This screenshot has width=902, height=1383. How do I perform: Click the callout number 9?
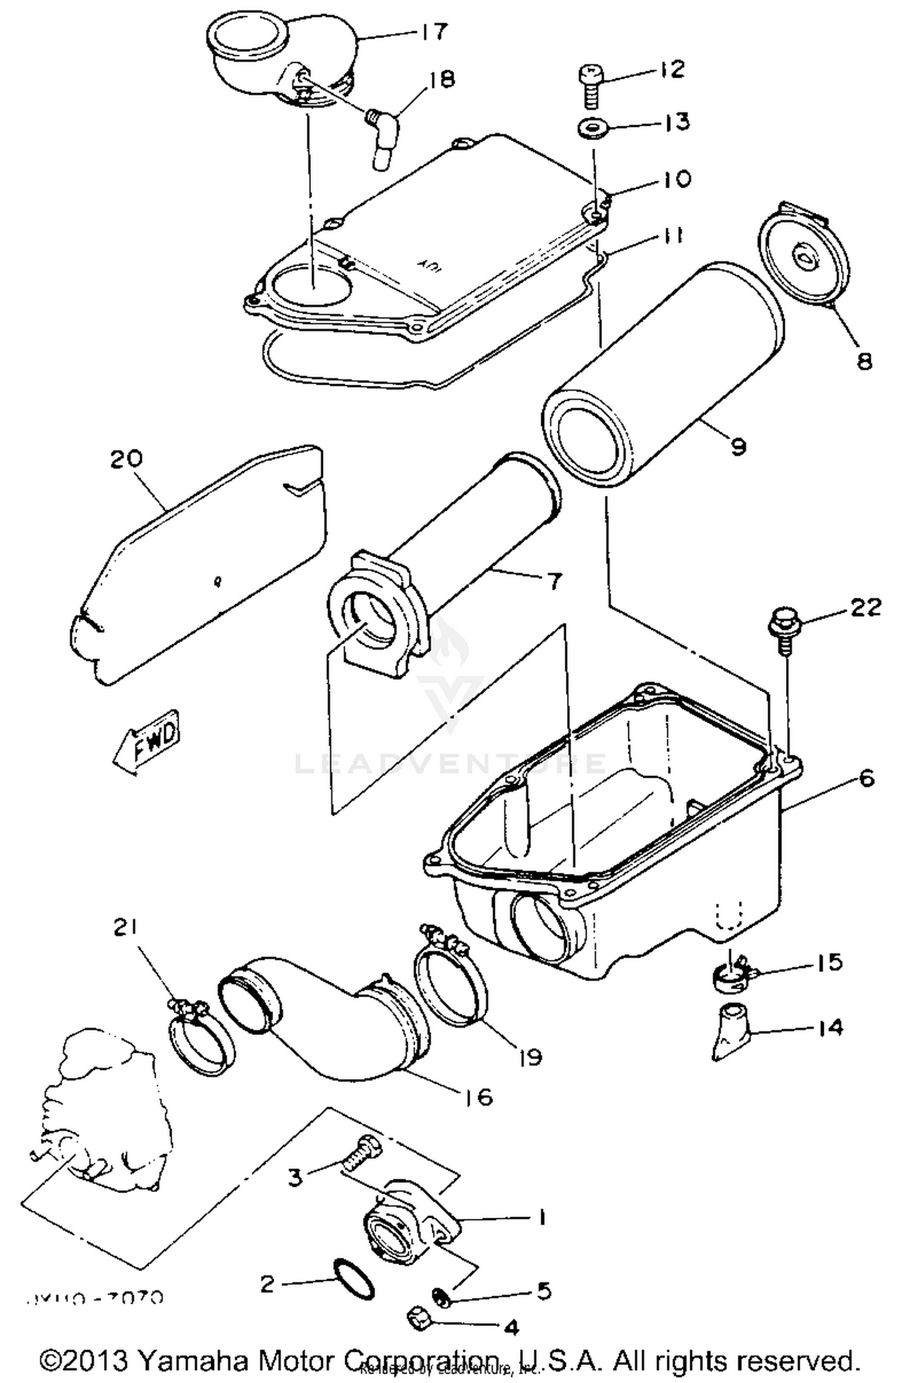click(738, 447)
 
